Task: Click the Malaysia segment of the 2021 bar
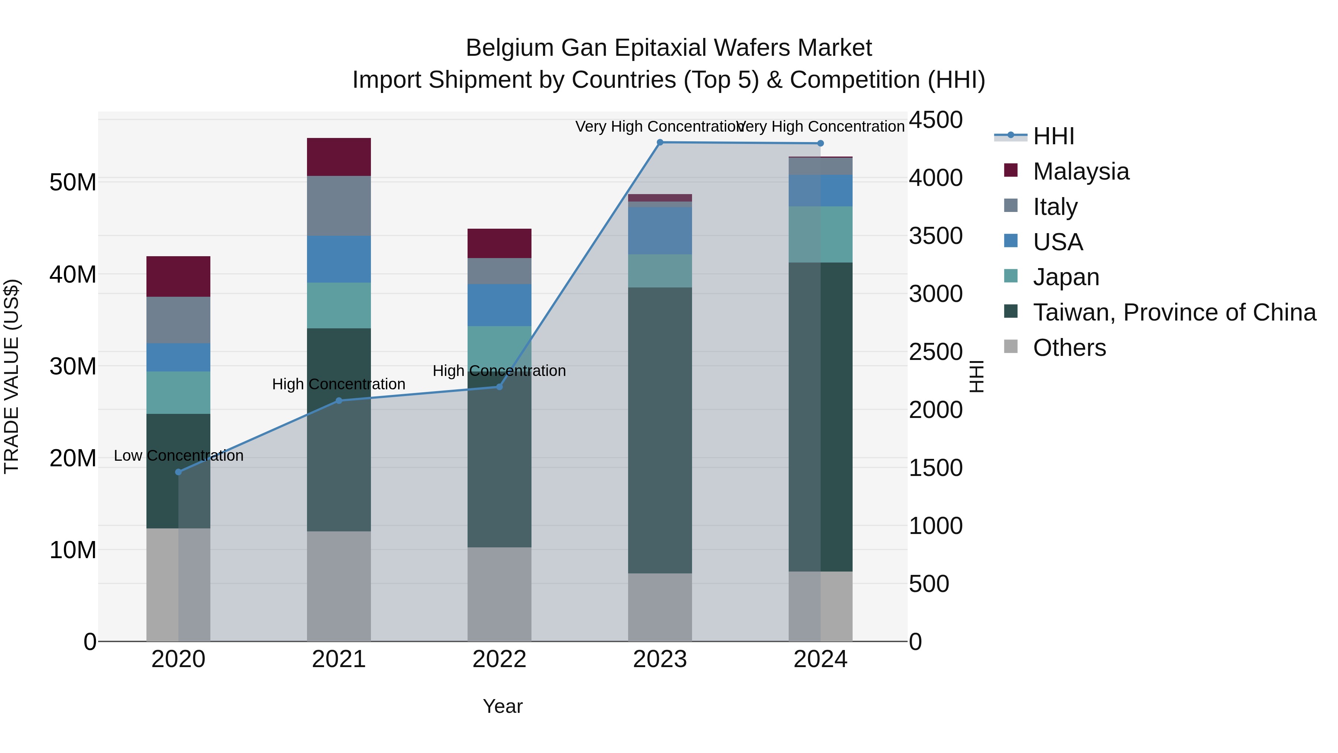tap(339, 157)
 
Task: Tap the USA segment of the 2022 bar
tap(499, 305)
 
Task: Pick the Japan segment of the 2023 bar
tap(660, 271)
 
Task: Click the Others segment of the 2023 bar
tap(660, 606)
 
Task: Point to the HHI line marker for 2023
tap(660, 142)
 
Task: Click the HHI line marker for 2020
tap(178, 472)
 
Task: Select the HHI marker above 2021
tap(339, 400)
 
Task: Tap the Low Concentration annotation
tap(178, 456)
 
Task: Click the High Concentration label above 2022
tap(499, 371)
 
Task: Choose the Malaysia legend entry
tap(1080, 171)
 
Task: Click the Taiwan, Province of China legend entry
tap(1174, 312)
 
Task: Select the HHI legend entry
tap(1053, 136)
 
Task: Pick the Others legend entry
tap(1069, 348)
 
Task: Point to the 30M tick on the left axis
tap(73, 366)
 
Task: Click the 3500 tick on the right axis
tap(935, 236)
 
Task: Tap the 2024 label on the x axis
tap(820, 659)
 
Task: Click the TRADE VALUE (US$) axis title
tap(12, 376)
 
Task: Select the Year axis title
tap(502, 706)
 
